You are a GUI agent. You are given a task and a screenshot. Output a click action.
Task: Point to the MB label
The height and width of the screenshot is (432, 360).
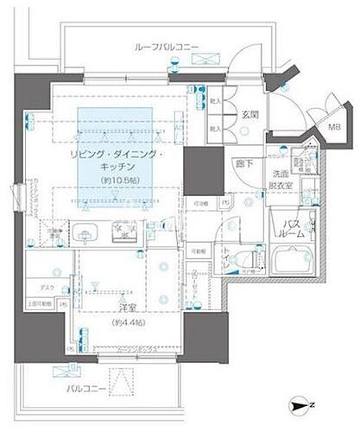pos(333,130)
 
